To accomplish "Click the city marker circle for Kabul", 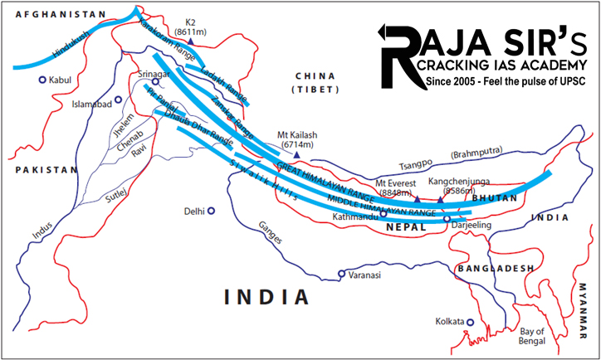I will pos(42,80).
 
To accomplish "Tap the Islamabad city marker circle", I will pos(119,100).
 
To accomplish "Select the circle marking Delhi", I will pos(212,211).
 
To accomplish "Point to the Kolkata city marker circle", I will pos(471,322).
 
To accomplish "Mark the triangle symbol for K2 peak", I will pos(192,40).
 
